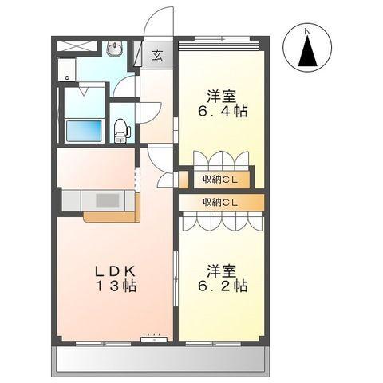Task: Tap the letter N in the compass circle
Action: (x=307, y=31)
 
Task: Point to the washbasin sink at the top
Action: (x=114, y=49)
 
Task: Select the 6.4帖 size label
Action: (x=223, y=111)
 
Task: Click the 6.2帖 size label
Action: (x=223, y=286)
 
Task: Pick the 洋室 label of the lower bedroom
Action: (x=222, y=270)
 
